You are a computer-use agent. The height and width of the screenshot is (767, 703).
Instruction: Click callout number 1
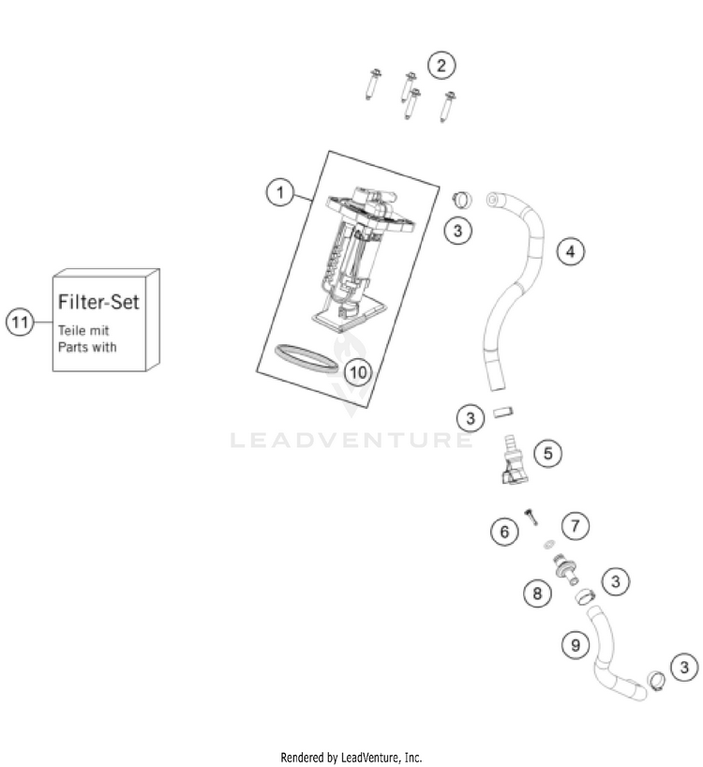(278, 193)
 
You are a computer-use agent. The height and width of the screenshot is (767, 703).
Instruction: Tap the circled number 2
(441, 66)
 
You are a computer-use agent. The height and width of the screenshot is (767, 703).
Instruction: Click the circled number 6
(503, 533)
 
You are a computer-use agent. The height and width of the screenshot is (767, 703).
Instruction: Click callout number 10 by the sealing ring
(355, 371)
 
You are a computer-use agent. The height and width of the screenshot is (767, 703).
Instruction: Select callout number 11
(19, 323)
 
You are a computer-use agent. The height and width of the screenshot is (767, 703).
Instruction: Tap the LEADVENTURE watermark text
(351, 440)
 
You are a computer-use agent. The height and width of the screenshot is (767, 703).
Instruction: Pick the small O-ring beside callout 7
(548, 543)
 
